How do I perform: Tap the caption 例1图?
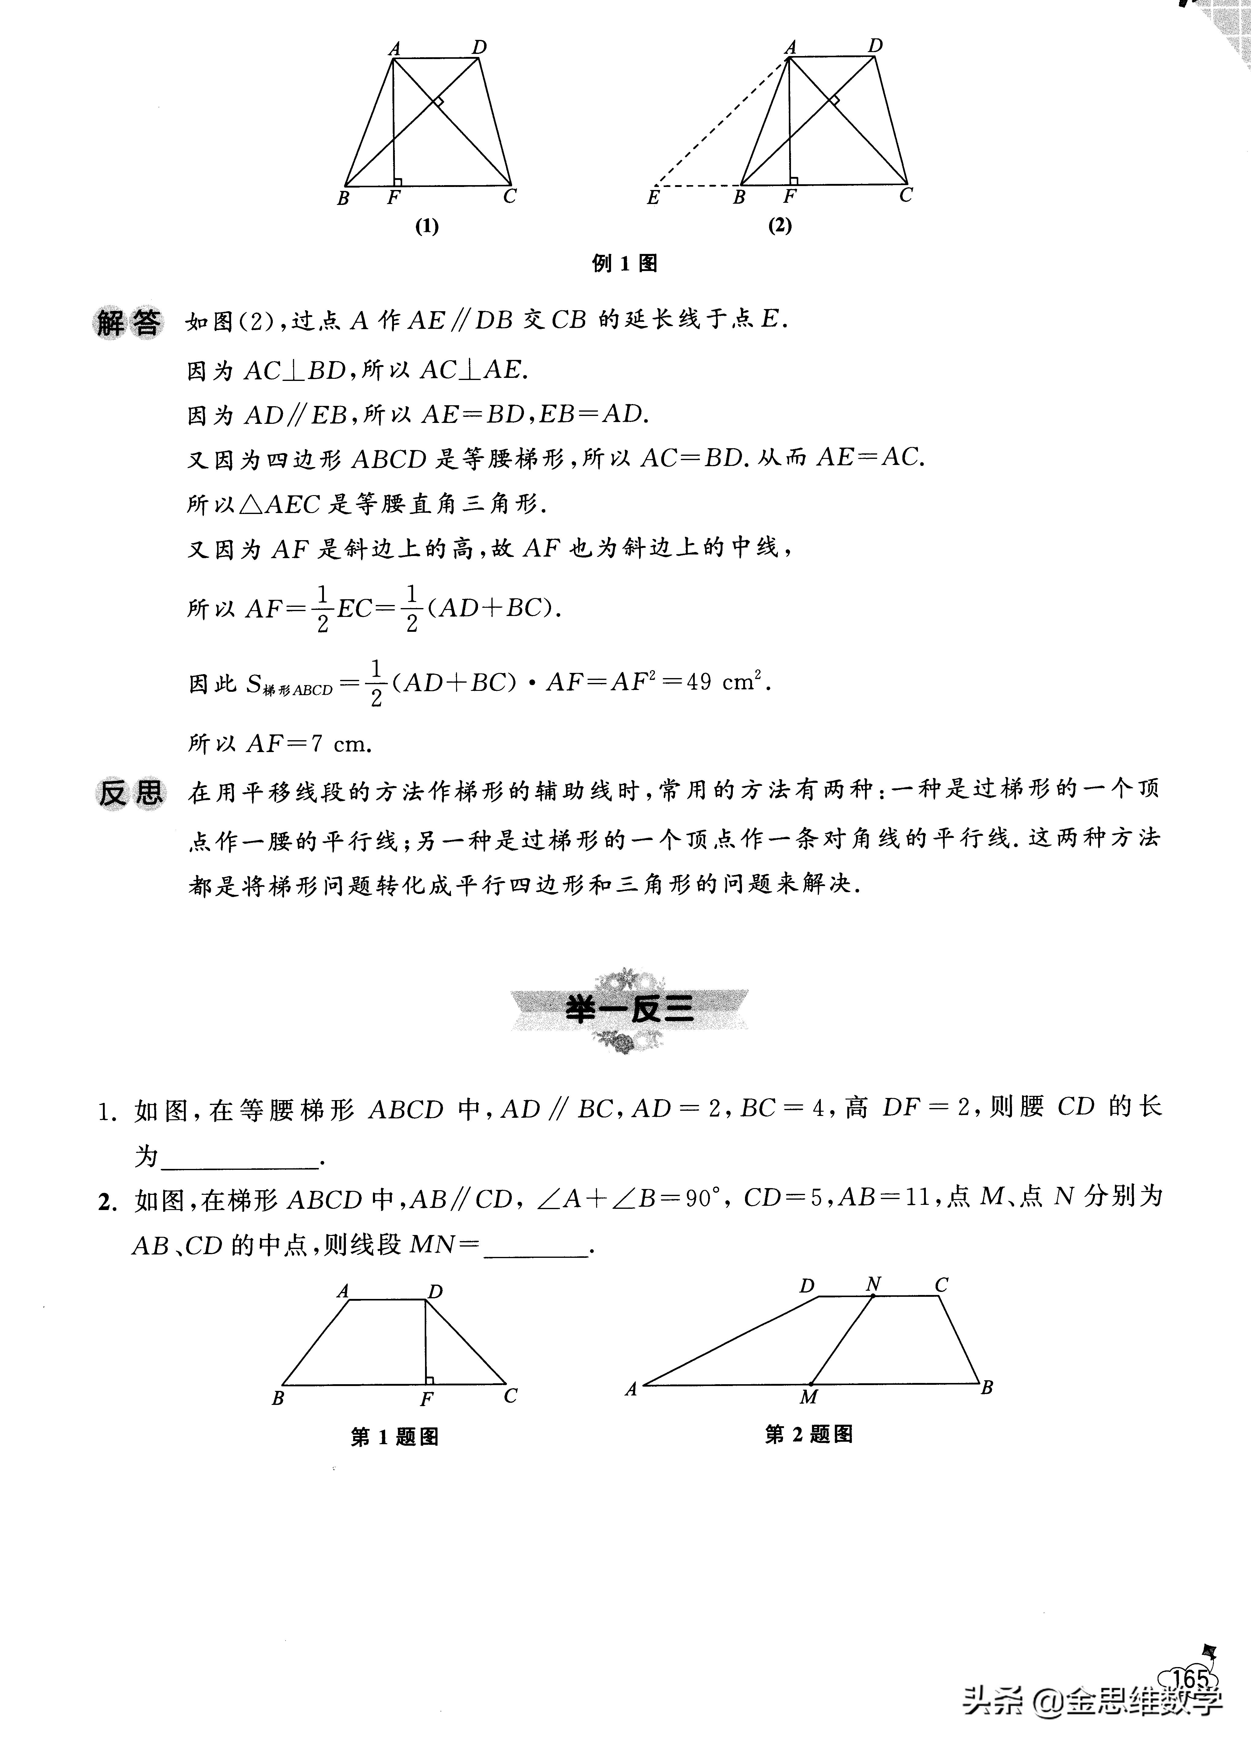coord(624,264)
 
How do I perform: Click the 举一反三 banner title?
coord(629,1009)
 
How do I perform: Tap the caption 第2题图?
coord(809,1434)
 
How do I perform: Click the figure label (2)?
coord(779,225)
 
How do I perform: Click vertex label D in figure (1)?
coord(479,48)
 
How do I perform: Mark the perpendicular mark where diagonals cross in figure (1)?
coord(438,101)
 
